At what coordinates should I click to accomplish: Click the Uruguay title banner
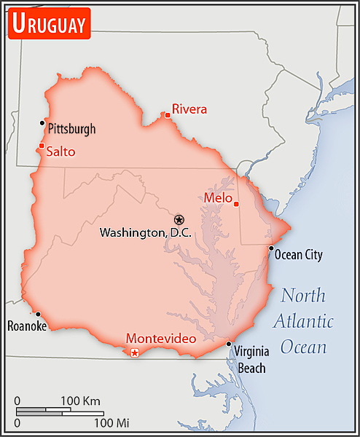(49, 23)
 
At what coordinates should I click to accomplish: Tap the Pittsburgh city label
(71, 129)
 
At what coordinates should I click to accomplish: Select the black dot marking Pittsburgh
(42, 123)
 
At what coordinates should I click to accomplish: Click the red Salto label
(60, 152)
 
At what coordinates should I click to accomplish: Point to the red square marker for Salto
(41, 146)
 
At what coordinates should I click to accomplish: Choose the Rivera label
(189, 109)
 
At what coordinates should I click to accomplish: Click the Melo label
(218, 198)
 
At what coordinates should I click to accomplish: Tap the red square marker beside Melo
(236, 204)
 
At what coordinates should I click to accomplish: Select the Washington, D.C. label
(144, 233)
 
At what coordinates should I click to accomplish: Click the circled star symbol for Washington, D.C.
(179, 219)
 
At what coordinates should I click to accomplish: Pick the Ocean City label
(298, 255)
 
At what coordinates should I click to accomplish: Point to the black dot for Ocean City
(271, 248)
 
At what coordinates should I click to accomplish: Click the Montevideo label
(157, 339)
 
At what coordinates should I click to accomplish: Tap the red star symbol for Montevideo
(134, 353)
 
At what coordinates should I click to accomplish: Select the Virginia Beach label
(250, 359)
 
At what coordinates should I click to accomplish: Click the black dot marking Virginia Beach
(229, 344)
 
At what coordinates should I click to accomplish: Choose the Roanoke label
(27, 326)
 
